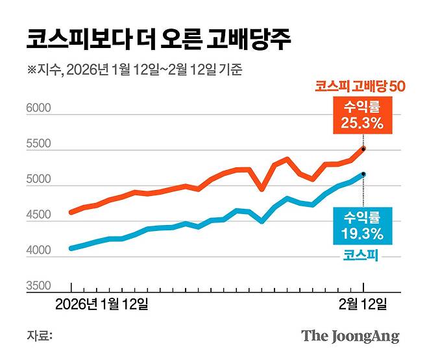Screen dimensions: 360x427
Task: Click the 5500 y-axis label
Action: [38, 145]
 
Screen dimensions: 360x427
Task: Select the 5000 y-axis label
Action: [38, 180]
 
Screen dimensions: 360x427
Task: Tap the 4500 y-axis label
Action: [38, 215]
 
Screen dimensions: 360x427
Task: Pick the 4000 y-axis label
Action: [38, 250]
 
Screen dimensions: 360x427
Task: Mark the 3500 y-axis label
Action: [38, 286]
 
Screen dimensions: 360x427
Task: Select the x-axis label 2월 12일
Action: [363, 304]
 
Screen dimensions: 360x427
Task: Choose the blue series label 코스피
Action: [361, 256]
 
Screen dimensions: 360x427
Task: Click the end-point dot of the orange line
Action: [363, 149]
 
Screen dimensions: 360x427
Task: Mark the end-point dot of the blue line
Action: [363, 174]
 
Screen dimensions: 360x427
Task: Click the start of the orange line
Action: [71, 211]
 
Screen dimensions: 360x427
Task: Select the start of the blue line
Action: [71, 248]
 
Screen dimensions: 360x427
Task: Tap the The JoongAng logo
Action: [350, 336]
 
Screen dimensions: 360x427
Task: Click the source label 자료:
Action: [39, 336]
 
